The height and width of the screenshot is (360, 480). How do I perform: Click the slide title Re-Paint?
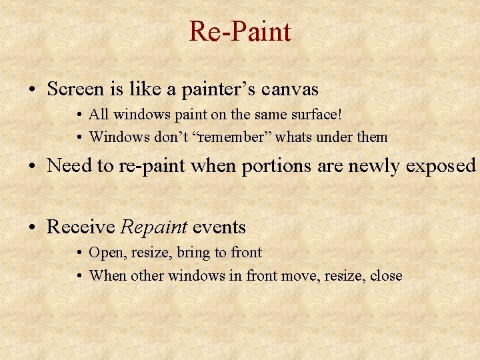pyautogui.click(x=240, y=31)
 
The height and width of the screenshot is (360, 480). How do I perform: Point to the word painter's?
pyautogui.click(x=222, y=89)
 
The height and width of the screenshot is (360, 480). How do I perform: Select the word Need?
pyautogui.click(x=70, y=166)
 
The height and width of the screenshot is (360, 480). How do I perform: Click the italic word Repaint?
pyautogui.click(x=153, y=227)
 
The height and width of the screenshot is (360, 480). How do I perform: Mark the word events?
pyautogui.click(x=219, y=227)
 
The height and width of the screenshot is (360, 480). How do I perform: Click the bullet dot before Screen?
pyautogui.click(x=31, y=89)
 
